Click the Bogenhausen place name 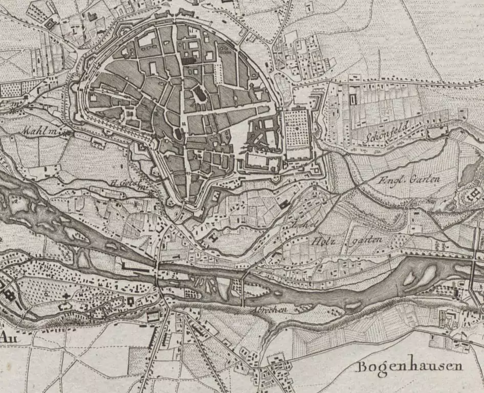click(409, 366)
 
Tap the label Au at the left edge click(7, 337)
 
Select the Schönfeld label click(386, 132)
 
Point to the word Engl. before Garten click(386, 181)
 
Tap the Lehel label click(298, 226)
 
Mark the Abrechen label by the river click(266, 310)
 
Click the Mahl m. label click(39, 131)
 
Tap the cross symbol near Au click(66, 296)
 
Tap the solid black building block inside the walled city click(189, 60)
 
